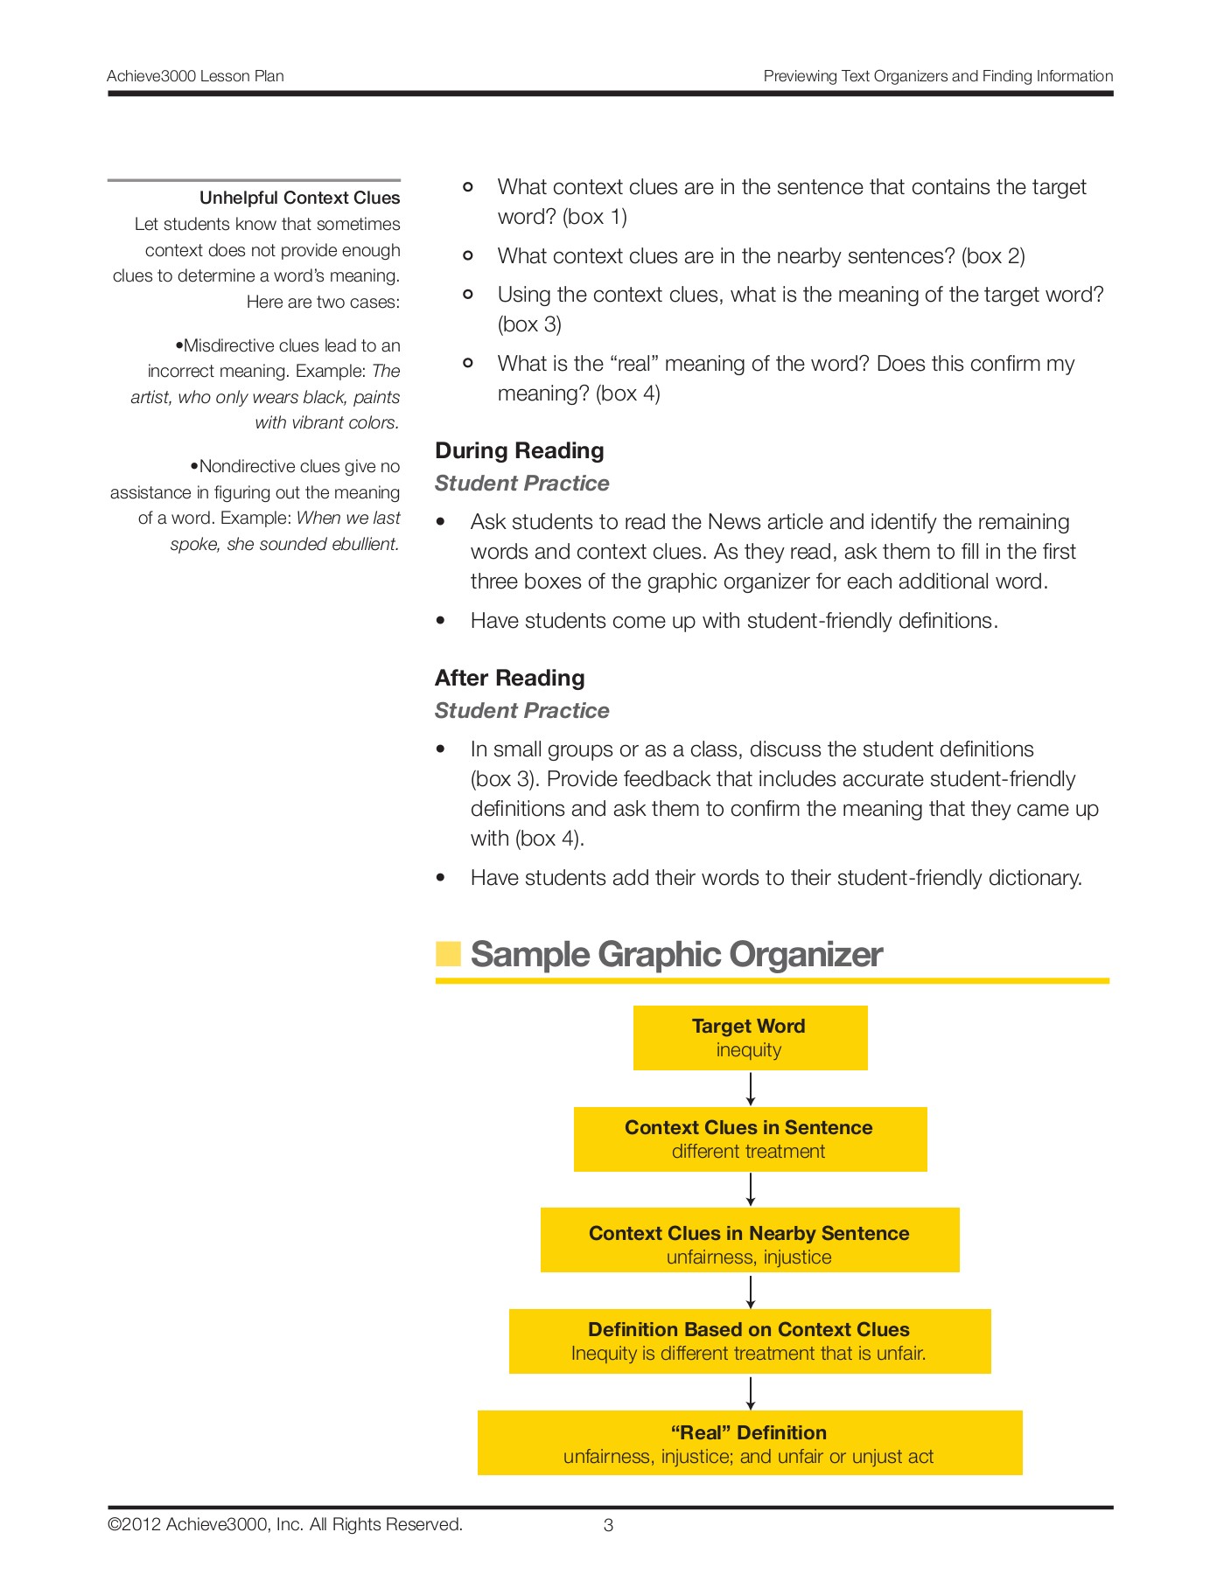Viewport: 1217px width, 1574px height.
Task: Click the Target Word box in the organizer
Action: tap(750, 1037)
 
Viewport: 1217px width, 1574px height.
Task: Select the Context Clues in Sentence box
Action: tap(750, 1139)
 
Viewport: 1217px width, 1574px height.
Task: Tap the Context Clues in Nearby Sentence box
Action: tap(750, 1239)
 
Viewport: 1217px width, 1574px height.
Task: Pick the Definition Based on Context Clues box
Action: tap(750, 1341)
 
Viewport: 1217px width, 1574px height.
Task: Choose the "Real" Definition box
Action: tap(750, 1442)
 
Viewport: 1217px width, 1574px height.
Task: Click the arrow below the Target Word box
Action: tap(751, 1089)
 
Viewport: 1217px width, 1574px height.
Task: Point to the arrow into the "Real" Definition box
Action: tap(751, 1392)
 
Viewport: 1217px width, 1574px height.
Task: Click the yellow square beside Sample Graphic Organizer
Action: tap(448, 954)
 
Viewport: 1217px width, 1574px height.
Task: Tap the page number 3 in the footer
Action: tap(608, 1526)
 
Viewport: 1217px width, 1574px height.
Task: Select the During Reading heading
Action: tap(520, 450)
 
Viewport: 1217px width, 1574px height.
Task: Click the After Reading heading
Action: tap(510, 678)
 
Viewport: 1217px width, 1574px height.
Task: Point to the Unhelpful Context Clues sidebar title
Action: tap(299, 198)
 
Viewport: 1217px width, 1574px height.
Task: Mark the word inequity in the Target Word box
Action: tap(749, 1050)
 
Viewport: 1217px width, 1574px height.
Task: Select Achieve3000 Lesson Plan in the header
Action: tap(195, 76)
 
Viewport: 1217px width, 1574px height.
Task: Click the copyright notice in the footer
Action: tap(285, 1525)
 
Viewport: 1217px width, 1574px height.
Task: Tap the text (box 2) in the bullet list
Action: tap(993, 256)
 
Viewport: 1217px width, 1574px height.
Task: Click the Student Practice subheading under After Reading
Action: tap(521, 710)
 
